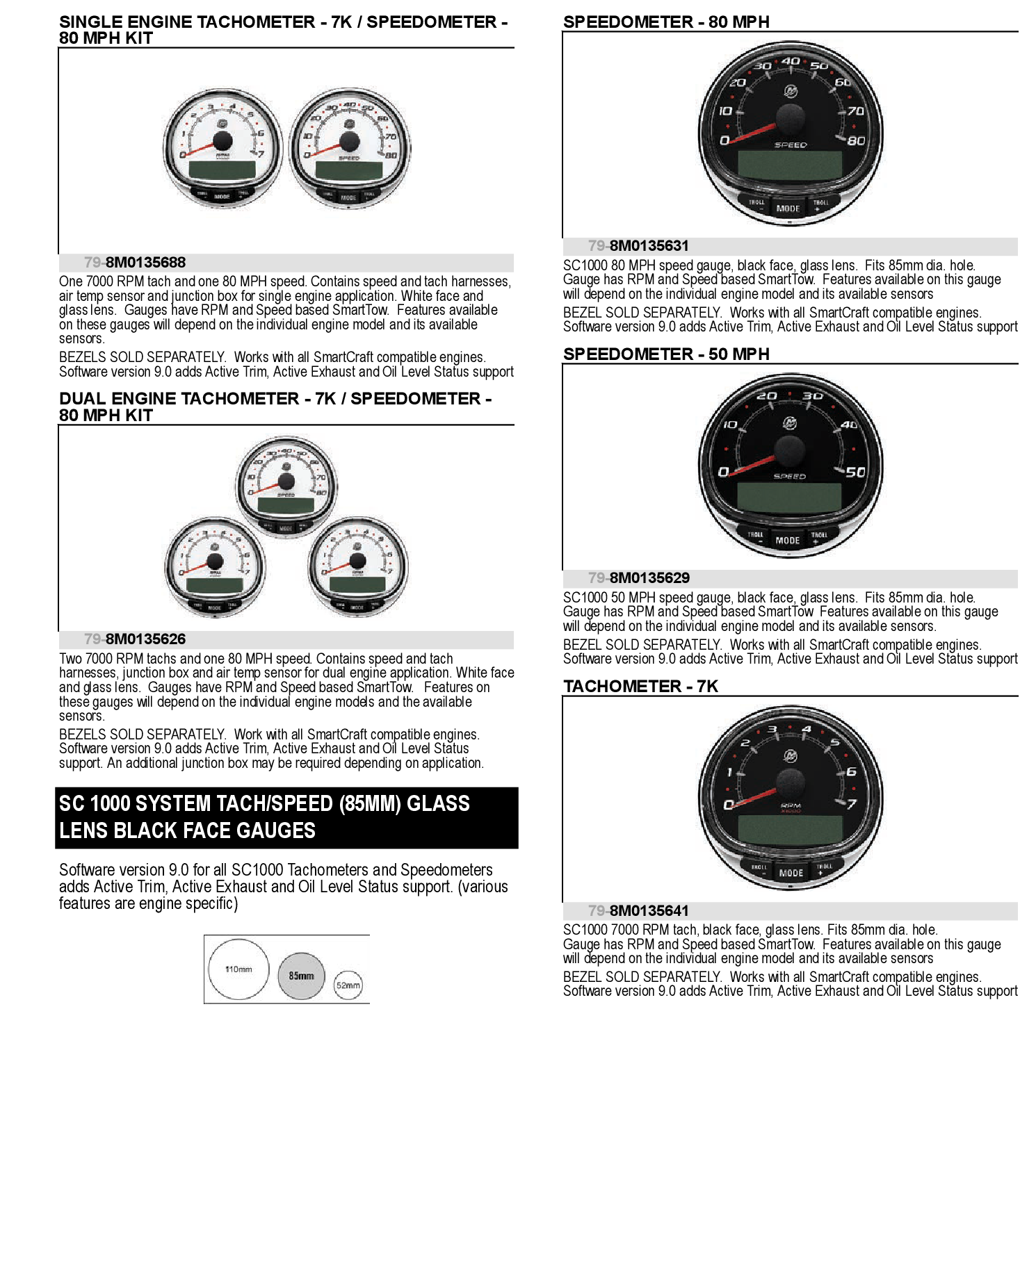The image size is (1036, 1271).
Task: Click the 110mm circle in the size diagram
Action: pos(238,969)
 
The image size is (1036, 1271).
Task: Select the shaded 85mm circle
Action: pos(301,976)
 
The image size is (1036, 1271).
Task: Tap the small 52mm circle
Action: pos(348,985)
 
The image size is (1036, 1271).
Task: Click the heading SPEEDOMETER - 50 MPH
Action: pos(665,354)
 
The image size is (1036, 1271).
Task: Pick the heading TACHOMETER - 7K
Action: pos(640,686)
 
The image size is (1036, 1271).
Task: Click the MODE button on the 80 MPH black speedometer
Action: pos(788,208)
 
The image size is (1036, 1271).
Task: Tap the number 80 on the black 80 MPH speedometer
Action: pos(856,140)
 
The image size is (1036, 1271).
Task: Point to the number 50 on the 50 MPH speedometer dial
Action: pos(855,472)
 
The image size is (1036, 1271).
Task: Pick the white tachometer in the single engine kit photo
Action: pos(222,148)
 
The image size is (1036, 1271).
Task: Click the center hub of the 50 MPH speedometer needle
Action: pos(790,450)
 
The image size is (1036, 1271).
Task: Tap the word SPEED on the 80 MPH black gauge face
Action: pos(791,145)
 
